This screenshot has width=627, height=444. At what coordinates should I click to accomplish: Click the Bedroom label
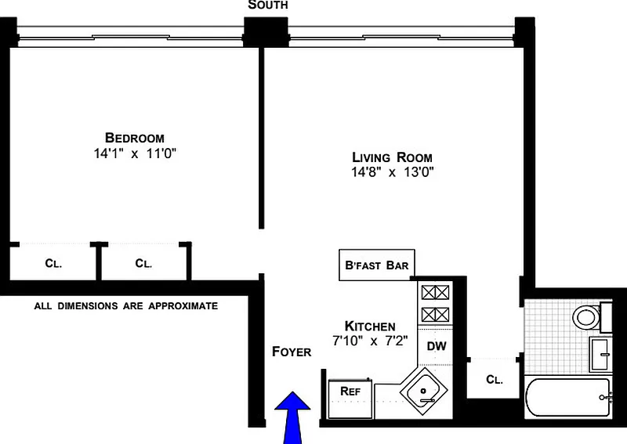point(136,138)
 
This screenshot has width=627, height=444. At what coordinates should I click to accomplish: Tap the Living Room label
point(392,157)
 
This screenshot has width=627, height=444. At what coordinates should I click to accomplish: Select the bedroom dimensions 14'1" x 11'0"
point(136,154)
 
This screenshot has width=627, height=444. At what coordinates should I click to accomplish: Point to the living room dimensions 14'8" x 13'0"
point(392,172)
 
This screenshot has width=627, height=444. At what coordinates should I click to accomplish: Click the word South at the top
point(268,5)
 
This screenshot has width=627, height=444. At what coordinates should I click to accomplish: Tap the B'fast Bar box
point(376,265)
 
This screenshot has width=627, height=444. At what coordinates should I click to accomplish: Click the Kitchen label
point(370,326)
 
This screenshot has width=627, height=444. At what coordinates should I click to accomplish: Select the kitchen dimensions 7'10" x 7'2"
point(370,340)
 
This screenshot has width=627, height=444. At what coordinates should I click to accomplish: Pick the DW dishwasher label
point(436,345)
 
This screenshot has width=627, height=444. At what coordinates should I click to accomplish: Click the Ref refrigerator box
point(349,390)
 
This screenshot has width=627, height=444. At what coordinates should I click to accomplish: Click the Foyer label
point(292,352)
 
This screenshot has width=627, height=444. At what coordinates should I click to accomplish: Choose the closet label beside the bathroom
point(494,380)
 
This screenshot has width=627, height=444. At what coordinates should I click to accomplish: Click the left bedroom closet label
point(53,264)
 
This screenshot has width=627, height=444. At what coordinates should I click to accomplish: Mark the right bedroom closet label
point(143,264)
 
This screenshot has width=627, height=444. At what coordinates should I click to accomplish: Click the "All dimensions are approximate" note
point(126,305)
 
